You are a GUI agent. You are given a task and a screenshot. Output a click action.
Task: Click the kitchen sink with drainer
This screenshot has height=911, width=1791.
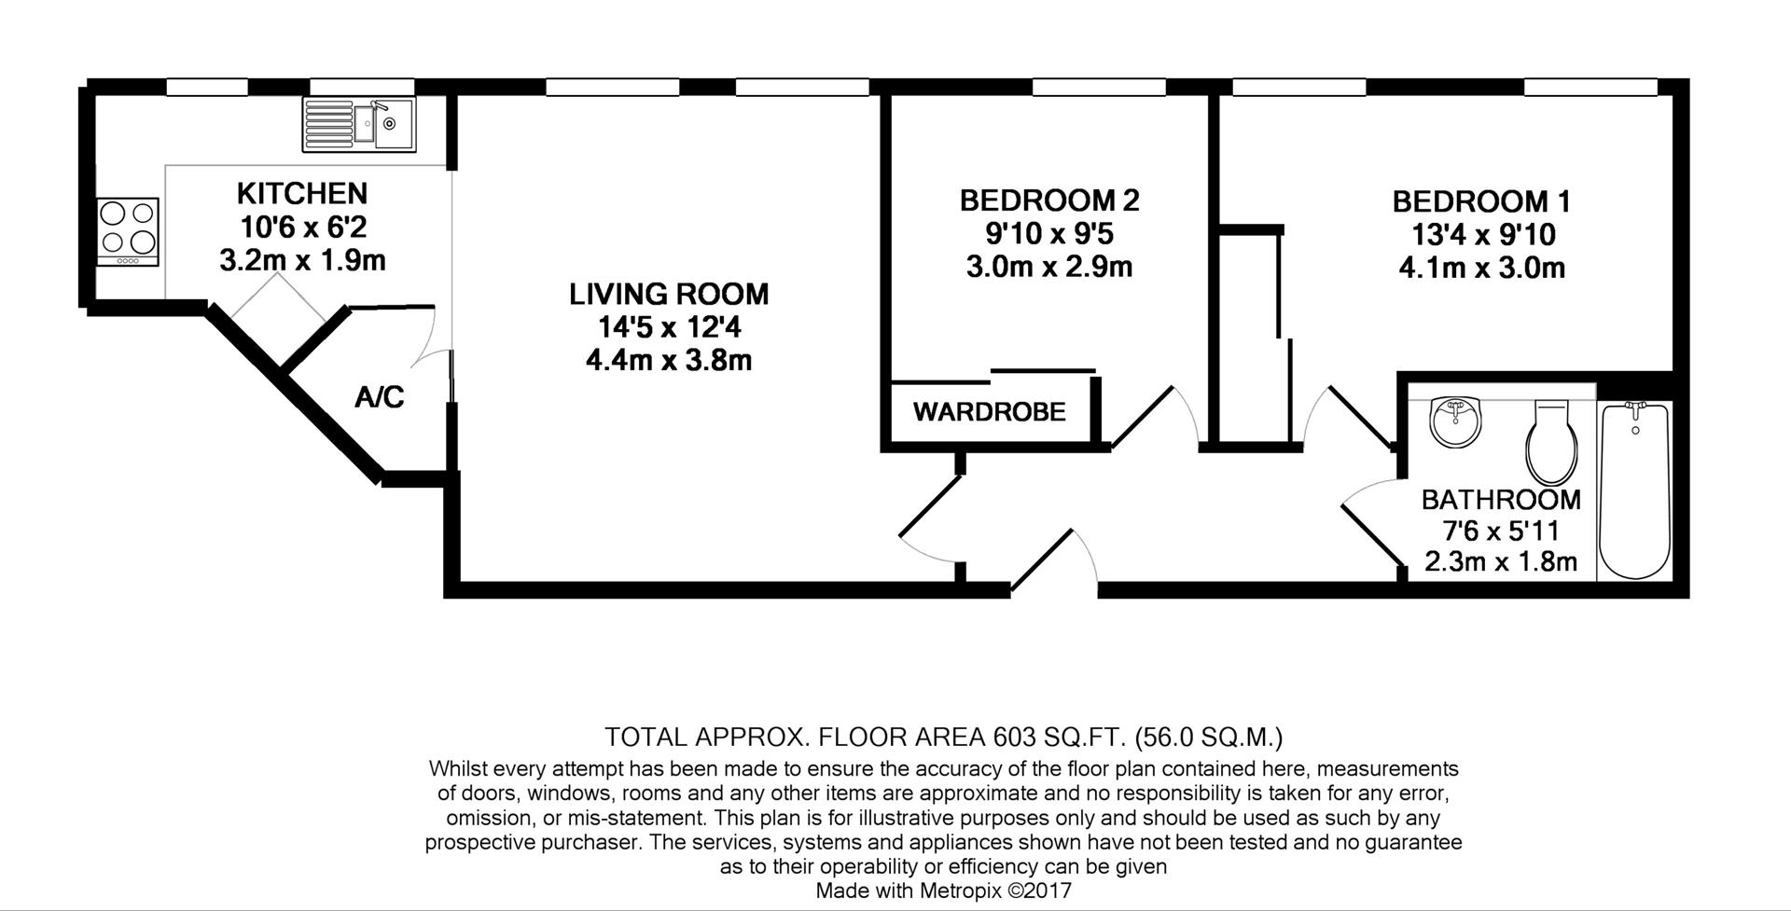coord(358,125)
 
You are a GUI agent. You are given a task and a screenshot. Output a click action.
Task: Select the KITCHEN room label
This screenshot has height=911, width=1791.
coord(302,194)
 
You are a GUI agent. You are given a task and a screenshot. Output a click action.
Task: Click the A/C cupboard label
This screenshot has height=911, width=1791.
coord(380,398)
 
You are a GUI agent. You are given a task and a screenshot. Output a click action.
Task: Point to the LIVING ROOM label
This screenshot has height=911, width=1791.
coord(669,295)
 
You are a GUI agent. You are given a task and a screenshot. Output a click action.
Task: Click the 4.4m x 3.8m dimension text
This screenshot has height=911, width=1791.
coord(669,360)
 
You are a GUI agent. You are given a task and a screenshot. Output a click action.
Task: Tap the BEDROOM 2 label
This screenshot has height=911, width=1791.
coord(1049,200)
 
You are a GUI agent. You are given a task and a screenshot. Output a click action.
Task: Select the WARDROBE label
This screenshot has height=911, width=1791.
coord(989,412)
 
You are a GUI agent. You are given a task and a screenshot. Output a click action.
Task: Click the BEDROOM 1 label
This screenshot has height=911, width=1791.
coord(1481,201)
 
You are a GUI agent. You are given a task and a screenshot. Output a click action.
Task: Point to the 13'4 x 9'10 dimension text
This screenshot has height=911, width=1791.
coord(1481,235)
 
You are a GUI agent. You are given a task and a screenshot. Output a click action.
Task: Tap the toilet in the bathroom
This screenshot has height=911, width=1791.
coord(1551,445)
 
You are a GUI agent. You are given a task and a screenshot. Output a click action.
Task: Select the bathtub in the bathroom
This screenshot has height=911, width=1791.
coord(1633,491)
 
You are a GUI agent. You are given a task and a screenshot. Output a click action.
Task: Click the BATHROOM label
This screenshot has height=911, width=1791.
coord(1501,500)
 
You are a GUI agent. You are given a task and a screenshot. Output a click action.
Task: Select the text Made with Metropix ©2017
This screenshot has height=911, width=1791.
coord(943,890)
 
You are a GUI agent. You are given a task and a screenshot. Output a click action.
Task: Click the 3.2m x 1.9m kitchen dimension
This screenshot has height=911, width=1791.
coord(302,260)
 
